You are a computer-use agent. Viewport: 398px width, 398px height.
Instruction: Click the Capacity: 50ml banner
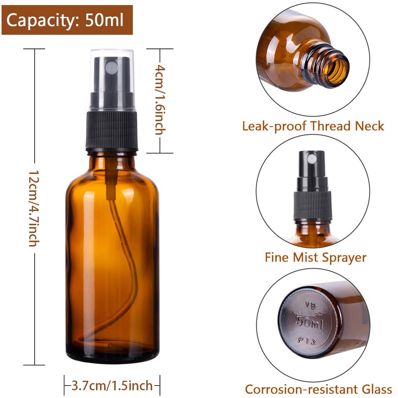point(67,20)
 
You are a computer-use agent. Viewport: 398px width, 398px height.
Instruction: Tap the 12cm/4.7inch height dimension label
point(33,208)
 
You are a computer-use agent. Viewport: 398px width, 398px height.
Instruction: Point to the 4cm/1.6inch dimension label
point(160,100)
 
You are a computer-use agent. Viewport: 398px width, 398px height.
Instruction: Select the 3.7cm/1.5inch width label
point(112,386)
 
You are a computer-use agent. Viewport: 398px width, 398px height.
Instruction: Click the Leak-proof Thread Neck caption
point(313,126)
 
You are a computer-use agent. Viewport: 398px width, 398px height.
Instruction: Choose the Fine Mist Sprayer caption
point(316,257)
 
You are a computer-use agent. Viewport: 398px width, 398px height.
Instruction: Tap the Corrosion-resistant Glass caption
point(318,389)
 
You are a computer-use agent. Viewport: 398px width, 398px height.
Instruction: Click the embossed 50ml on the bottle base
point(309,322)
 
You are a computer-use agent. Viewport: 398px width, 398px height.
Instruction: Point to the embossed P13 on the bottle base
point(307,340)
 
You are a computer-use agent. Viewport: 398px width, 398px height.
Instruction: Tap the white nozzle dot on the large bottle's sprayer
point(112,68)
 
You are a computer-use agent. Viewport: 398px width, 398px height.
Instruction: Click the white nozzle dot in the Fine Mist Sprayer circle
point(311,159)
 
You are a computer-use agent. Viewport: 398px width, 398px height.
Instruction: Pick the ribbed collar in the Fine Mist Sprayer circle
point(313,206)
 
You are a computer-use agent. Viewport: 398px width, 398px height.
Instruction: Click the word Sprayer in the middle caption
point(343,258)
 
